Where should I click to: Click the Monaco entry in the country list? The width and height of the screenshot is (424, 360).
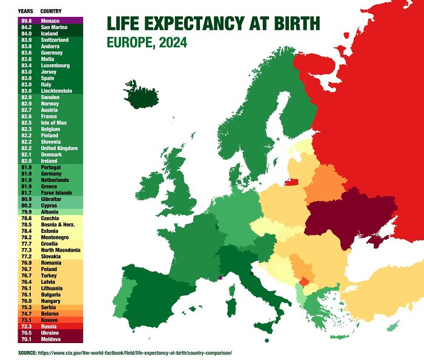pos(50,21)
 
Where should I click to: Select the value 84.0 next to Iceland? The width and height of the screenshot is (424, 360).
pos(27,34)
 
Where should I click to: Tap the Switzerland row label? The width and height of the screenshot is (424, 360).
pos(55,40)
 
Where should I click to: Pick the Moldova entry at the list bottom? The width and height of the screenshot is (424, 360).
pos(50,339)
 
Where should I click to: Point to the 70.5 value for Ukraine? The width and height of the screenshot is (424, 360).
pos(27,333)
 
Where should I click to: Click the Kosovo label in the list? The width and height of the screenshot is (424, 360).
pos(50,320)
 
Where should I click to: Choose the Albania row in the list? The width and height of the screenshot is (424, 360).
pos(50,212)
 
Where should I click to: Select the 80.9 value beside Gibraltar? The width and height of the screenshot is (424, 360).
pos(27,200)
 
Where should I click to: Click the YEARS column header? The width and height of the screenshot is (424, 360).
pos(25,11)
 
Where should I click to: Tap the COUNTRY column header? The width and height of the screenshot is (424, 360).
pos(50,11)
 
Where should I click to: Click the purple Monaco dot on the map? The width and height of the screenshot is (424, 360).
pos(221,278)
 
